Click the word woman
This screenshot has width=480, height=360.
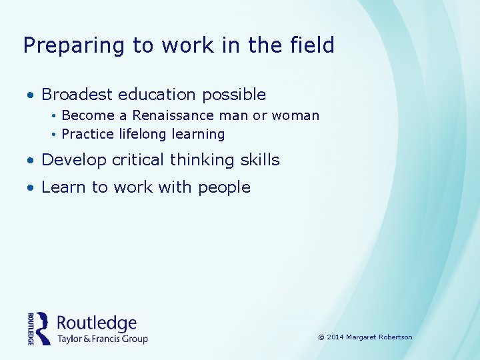[x=296, y=115]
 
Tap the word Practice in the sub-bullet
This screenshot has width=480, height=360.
[x=88, y=134]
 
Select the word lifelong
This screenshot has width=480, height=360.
[x=143, y=134]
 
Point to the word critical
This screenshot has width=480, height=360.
[x=141, y=160]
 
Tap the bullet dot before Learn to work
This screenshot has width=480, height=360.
[x=31, y=188]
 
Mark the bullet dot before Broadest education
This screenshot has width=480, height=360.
[x=31, y=95]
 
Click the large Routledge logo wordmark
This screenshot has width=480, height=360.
[x=97, y=323]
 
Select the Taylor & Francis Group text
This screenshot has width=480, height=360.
[x=102, y=339]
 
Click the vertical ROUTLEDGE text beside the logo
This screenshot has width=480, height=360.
[x=31, y=328]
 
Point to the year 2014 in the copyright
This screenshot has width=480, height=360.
[x=335, y=337]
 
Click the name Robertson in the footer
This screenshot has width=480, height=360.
[x=396, y=337]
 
